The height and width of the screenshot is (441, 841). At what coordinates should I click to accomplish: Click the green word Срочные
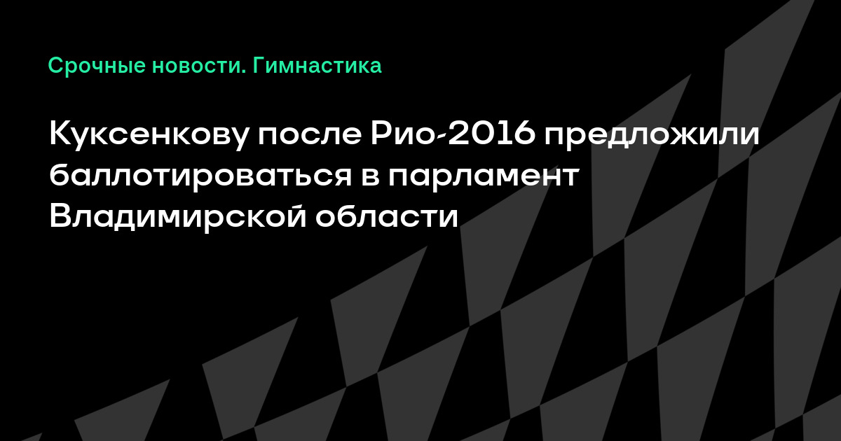click(x=97, y=66)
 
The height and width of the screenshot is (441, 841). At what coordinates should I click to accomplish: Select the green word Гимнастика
click(x=317, y=66)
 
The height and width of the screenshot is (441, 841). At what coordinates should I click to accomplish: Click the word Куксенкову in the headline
click(x=149, y=134)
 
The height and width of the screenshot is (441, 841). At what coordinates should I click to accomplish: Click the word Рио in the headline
click(x=402, y=134)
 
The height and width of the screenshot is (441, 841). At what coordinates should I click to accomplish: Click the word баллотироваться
click(x=200, y=175)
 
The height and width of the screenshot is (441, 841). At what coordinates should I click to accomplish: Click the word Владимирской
click(x=178, y=216)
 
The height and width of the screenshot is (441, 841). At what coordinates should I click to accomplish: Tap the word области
click(x=387, y=216)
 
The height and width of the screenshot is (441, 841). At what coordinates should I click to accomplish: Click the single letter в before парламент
click(x=370, y=176)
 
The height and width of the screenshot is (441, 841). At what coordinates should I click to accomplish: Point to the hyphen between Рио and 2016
click(x=442, y=138)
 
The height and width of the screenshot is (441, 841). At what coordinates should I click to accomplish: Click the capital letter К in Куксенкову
click(x=62, y=134)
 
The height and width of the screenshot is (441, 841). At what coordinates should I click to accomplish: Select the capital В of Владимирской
click(x=61, y=216)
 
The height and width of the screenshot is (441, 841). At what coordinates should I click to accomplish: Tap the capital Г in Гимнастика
click(x=259, y=65)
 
